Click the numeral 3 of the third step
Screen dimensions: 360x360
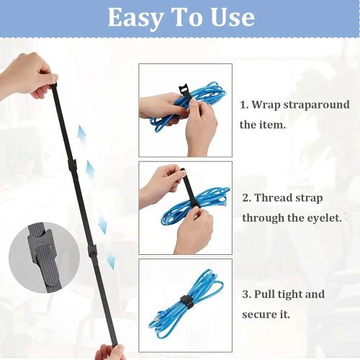(x=246, y=294)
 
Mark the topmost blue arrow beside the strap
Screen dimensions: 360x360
(x=82, y=135)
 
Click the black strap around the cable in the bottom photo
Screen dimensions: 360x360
(x=185, y=300)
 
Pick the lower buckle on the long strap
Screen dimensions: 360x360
(x=92, y=251)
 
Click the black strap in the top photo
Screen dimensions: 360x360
(x=185, y=94)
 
